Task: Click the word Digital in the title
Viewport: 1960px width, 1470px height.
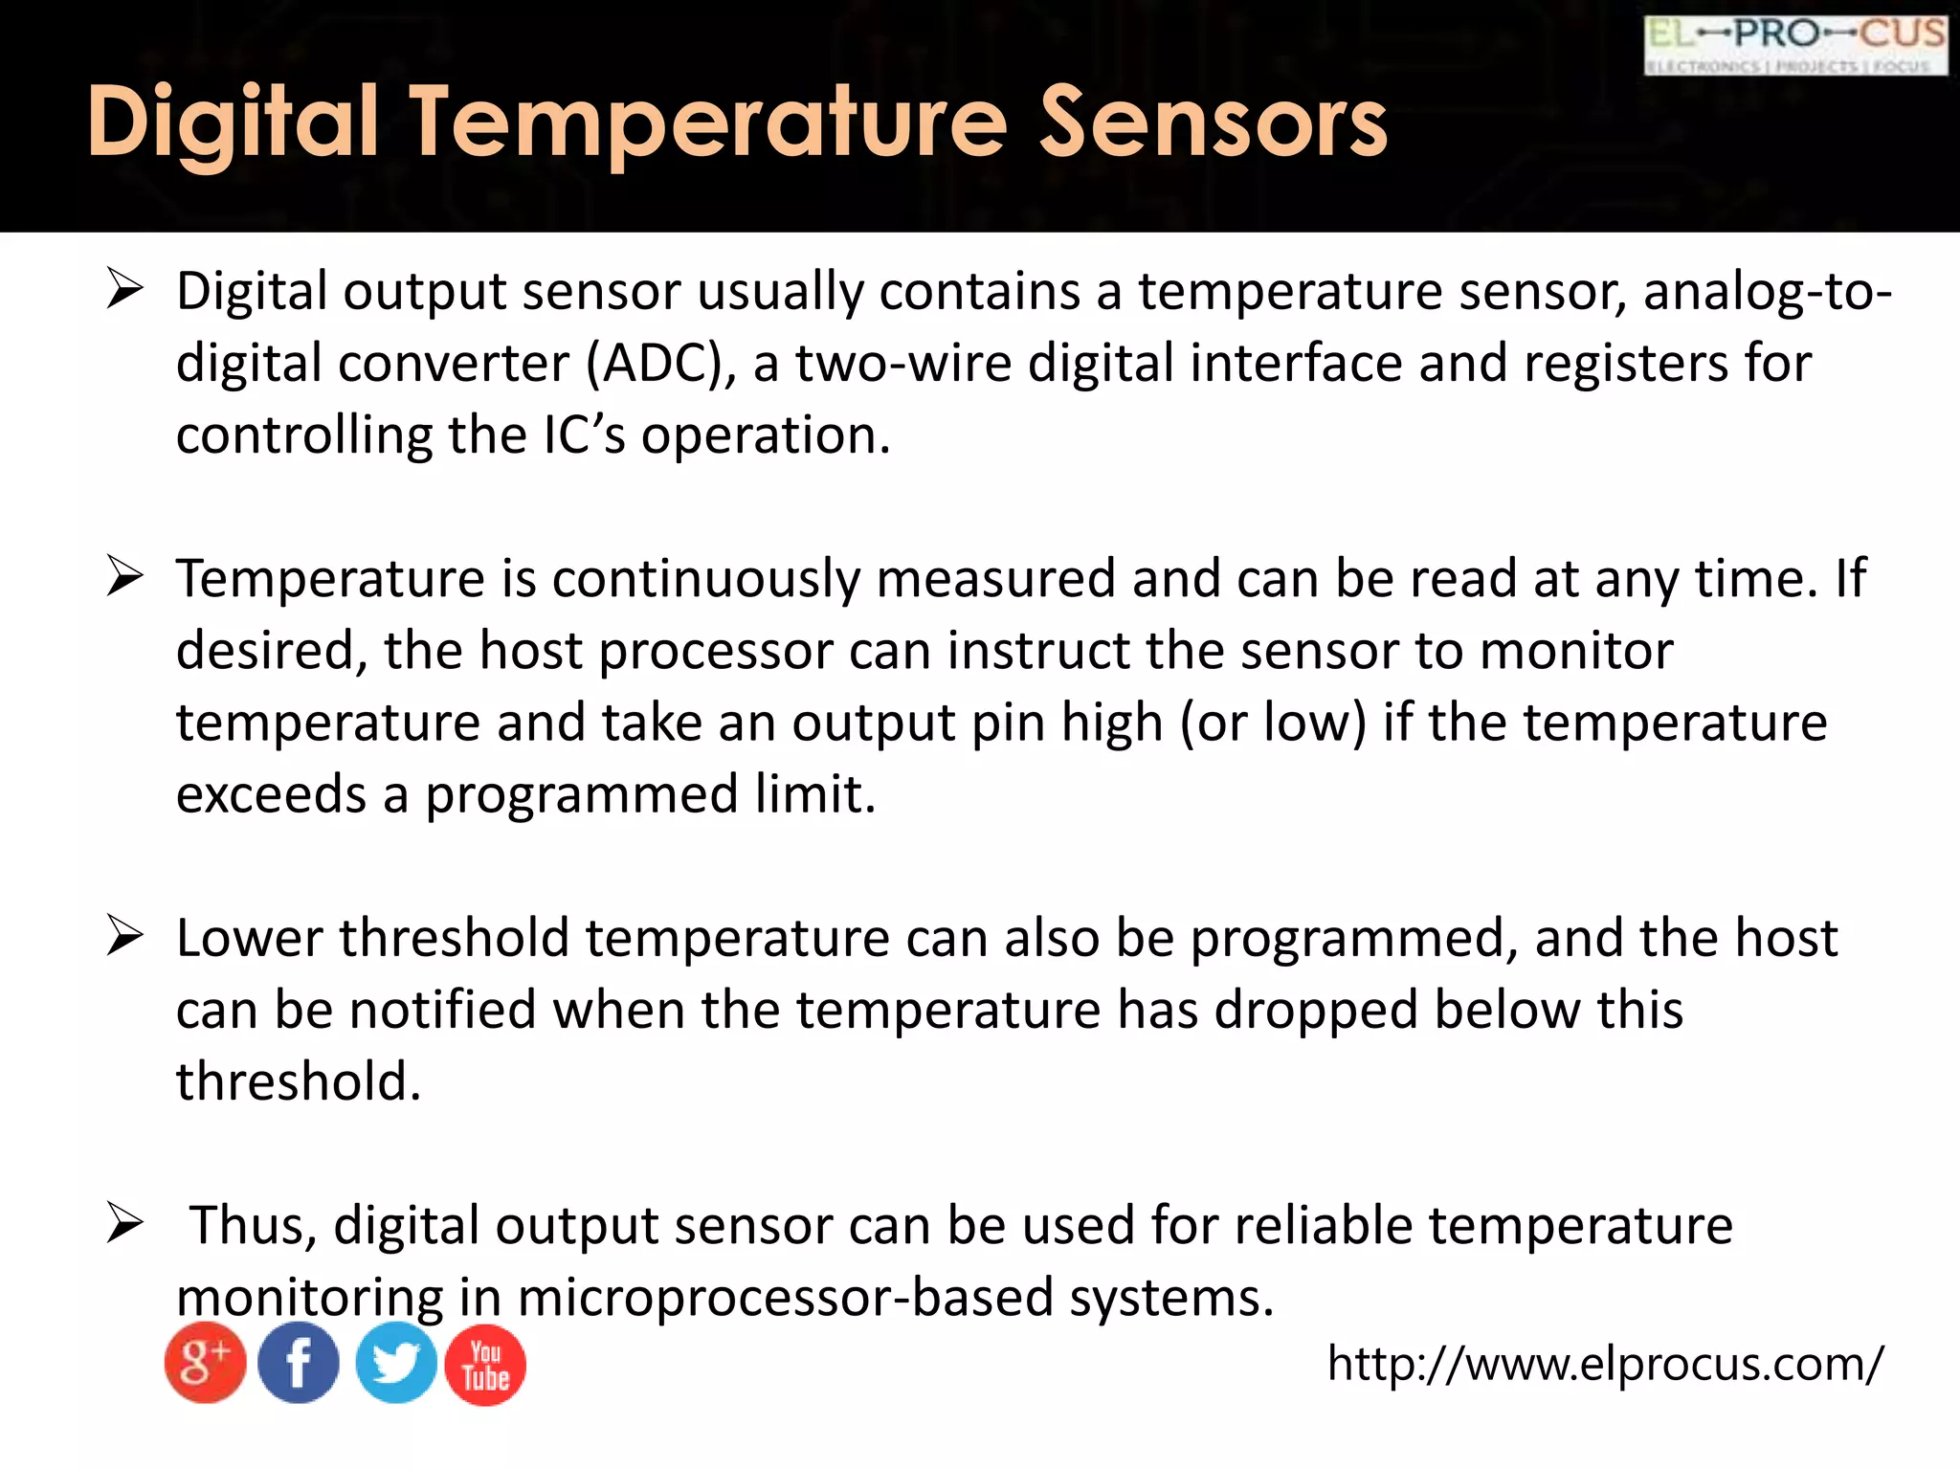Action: [234, 122]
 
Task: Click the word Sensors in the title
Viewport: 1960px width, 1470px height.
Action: [1213, 122]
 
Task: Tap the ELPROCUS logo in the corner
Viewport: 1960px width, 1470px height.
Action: [1795, 45]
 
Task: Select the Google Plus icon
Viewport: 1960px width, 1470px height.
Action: [205, 1363]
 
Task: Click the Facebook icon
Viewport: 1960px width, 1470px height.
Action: [299, 1363]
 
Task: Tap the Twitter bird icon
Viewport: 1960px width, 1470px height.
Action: [395, 1363]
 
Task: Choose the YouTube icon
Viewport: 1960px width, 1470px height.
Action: [485, 1365]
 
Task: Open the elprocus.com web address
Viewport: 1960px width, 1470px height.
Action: [1605, 1363]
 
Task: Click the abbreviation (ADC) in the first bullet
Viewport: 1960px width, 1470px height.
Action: [660, 364]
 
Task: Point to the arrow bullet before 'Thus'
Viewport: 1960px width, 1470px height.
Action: [125, 1223]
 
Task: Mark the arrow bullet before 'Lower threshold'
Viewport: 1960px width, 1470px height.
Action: [125, 936]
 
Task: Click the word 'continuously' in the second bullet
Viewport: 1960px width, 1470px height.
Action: [705, 579]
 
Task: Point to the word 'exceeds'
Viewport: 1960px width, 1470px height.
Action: [271, 794]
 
